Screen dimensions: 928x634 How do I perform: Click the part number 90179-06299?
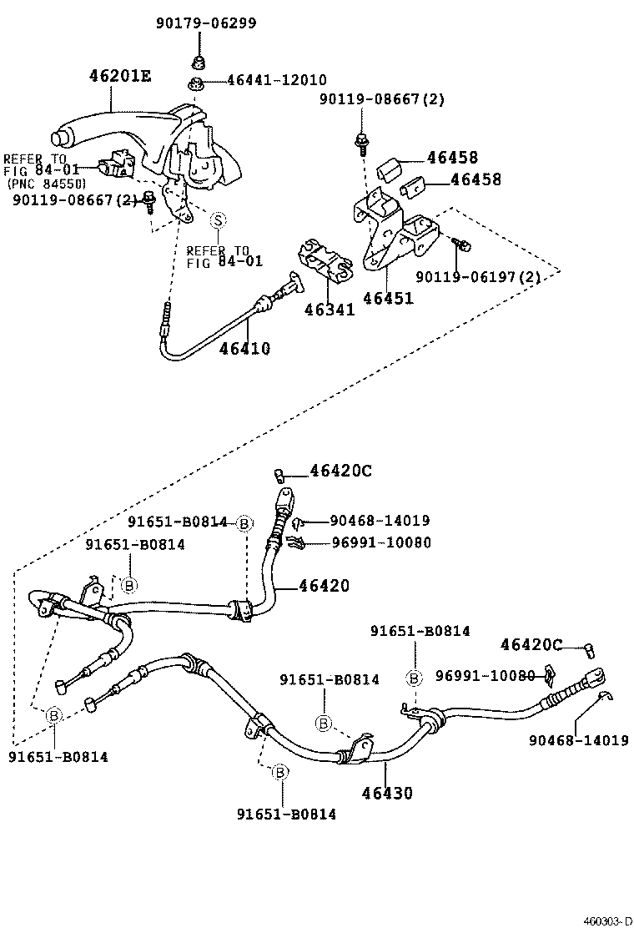click(205, 23)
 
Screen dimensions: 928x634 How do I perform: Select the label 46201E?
click(120, 76)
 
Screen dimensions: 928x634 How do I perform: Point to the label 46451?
click(388, 297)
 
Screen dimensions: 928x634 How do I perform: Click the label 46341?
click(330, 310)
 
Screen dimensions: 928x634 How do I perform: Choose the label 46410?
click(244, 348)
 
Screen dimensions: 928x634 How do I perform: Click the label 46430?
click(387, 793)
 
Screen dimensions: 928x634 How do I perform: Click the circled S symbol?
click(217, 220)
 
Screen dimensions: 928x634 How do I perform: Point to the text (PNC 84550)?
click(46, 184)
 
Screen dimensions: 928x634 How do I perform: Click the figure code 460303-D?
click(606, 920)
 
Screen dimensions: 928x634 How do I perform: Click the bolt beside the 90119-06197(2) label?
click(463, 244)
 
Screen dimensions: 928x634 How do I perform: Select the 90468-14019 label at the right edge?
click(578, 739)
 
